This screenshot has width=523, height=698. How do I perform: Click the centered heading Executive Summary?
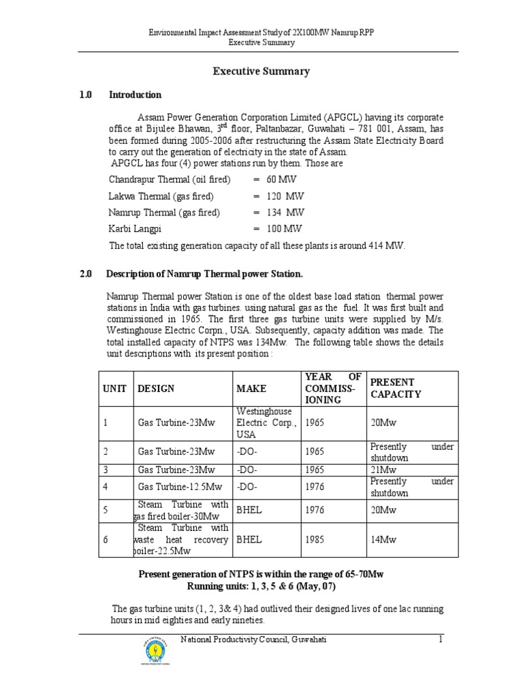(x=261, y=71)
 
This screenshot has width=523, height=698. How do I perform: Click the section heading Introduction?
(x=135, y=95)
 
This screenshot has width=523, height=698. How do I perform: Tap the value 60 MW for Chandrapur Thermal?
(x=277, y=180)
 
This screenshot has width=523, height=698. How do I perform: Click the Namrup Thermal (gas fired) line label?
(x=164, y=213)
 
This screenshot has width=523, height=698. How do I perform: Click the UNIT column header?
(x=114, y=389)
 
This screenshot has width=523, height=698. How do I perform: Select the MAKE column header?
(x=251, y=389)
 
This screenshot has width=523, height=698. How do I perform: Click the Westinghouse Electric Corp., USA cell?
(x=266, y=423)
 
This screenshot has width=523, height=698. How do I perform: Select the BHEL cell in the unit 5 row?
(x=249, y=510)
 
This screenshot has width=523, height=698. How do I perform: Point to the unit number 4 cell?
(x=106, y=487)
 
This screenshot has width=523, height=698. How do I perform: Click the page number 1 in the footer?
(x=441, y=639)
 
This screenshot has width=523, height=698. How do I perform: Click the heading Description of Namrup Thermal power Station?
(x=204, y=274)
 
